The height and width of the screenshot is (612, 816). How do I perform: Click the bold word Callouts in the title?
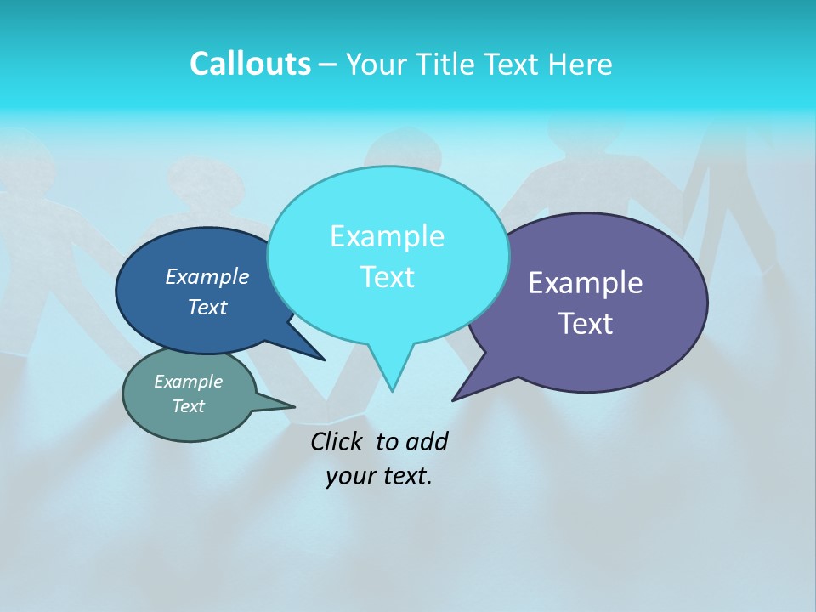[250, 64]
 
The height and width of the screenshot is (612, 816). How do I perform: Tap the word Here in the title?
[581, 64]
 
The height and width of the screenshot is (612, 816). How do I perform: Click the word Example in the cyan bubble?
[387, 236]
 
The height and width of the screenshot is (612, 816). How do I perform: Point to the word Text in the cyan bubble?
[387, 277]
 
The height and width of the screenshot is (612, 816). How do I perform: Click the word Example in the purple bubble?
[586, 283]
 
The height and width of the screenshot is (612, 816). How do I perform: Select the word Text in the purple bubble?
[586, 324]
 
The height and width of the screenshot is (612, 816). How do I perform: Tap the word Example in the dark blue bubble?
[207, 277]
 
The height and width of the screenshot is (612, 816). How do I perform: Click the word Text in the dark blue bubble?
[207, 308]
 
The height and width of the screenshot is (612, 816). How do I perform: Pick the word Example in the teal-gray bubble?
[188, 382]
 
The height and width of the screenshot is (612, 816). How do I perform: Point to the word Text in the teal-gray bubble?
[188, 406]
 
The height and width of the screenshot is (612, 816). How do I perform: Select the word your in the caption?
[348, 476]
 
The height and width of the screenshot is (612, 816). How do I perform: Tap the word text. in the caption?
[405, 476]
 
